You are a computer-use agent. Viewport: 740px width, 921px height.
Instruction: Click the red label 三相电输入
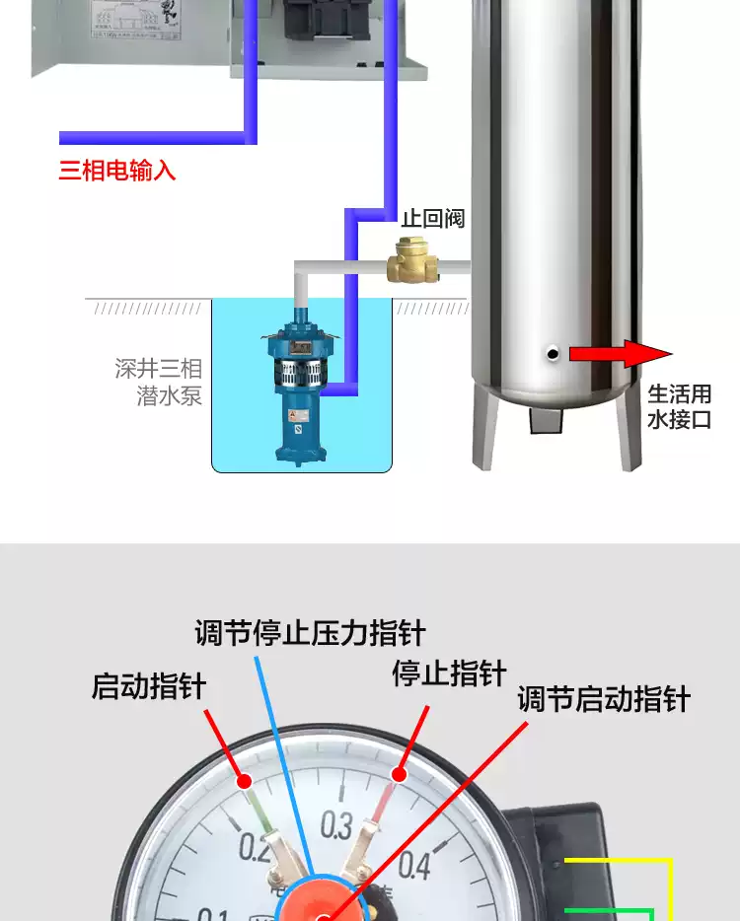(117, 171)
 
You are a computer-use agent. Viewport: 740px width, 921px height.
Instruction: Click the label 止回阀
(432, 218)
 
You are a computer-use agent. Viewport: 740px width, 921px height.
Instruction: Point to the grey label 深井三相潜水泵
(159, 383)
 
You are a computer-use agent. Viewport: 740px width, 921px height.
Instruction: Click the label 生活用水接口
(679, 407)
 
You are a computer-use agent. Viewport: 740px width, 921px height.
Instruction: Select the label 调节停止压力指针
(310, 632)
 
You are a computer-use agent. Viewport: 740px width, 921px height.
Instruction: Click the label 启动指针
(149, 685)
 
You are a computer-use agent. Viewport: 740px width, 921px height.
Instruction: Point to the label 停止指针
(449, 674)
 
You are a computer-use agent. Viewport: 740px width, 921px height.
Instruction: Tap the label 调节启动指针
(604, 700)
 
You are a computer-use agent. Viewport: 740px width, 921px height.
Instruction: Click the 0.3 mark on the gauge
(336, 824)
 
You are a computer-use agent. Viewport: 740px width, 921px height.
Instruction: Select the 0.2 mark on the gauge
(255, 845)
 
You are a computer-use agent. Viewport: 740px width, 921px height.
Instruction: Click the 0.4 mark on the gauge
(414, 865)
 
